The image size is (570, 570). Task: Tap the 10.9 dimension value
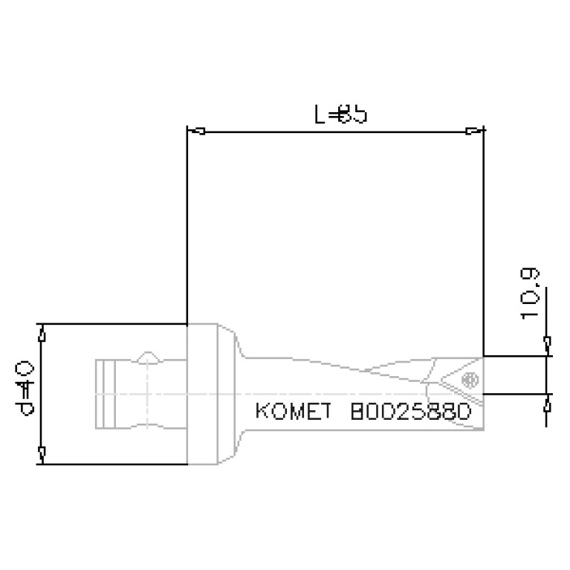pyautogui.click(x=531, y=294)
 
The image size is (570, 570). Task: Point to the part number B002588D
pyautogui.click(x=409, y=413)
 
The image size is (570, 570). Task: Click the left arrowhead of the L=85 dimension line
pyautogui.click(x=198, y=132)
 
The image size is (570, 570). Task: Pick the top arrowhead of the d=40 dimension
pyautogui.click(x=42, y=336)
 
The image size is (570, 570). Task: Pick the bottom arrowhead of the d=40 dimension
pyautogui.click(x=42, y=452)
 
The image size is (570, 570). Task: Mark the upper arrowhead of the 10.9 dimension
pyautogui.click(x=548, y=344)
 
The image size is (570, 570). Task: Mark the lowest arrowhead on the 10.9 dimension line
pyautogui.click(x=548, y=405)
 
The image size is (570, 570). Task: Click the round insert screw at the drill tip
pyautogui.click(x=469, y=380)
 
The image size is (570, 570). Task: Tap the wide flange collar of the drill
pyautogui.click(x=212, y=394)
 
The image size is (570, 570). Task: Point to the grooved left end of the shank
pyautogui.click(x=107, y=395)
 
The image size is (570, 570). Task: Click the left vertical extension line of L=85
pyautogui.click(x=187, y=223)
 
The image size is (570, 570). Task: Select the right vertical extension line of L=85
pyautogui.click(x=485, y=238)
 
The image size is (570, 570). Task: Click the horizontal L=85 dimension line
pyautogui.click(x=334, y=133)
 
